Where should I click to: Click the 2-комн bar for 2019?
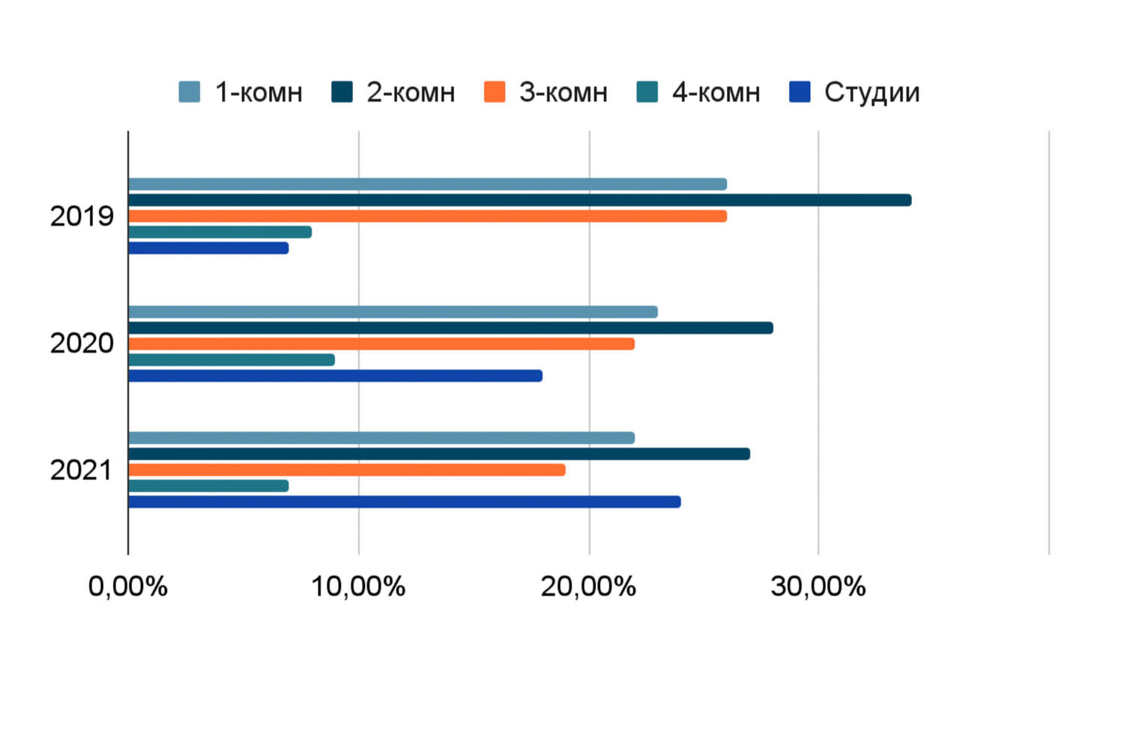519,200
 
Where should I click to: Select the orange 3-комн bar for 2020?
381,344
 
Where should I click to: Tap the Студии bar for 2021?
405,502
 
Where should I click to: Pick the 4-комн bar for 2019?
220,232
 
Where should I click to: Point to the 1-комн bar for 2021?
381,438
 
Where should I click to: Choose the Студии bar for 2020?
335,376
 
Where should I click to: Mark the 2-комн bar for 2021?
439,454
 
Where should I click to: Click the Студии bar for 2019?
208,248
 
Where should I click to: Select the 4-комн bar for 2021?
208,486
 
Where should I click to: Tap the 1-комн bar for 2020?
393,312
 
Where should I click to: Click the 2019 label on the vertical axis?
82,217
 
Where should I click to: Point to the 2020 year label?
82,343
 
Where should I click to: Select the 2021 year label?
81,470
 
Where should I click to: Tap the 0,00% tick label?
128,586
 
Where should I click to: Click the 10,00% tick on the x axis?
358,586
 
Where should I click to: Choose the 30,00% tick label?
818,586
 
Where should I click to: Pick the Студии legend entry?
871,92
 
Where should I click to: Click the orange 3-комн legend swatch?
495,92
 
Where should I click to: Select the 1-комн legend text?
259,92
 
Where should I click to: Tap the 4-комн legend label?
716,92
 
